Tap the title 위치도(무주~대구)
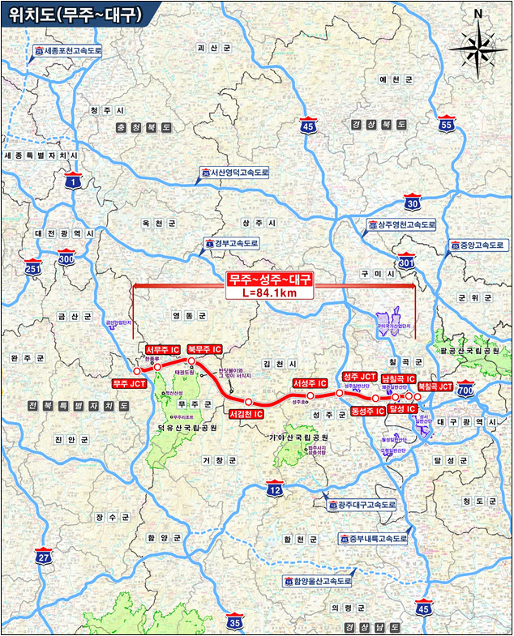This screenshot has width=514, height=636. point(71,14)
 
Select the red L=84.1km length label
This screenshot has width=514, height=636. point(272,292)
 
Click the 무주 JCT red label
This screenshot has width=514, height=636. point(129,384)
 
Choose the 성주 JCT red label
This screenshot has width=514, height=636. point(359,377)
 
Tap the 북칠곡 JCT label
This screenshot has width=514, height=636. point(435,387)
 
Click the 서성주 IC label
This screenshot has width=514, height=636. point(310,383)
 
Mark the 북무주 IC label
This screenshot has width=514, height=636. point(204,350)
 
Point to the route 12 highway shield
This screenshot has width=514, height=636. point(276,489)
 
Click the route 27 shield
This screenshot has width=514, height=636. point(44,557)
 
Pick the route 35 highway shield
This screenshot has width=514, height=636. point(234,622)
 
